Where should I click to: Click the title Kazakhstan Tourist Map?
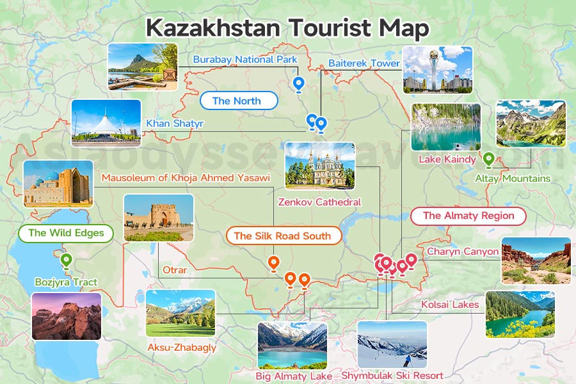287,28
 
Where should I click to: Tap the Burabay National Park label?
245,60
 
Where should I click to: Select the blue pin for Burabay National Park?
298,84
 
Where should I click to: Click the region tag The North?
237,100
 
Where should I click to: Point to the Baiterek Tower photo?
437,70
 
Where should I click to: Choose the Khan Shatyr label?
175,123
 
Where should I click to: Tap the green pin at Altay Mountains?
488,158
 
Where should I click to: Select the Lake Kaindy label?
447,159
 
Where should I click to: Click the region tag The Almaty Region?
468,216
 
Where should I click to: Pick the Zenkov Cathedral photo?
319,165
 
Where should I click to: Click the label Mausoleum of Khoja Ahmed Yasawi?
186,177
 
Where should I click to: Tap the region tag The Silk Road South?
282,236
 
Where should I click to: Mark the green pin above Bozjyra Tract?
65,260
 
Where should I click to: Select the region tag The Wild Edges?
66,233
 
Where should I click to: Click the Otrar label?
175,270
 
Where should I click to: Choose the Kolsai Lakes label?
450,305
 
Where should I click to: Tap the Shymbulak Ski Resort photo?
392,344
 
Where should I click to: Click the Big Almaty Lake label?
294,376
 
